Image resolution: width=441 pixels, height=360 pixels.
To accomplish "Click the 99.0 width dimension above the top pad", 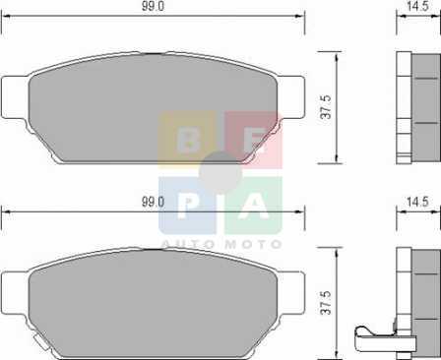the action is [x=153, y=6].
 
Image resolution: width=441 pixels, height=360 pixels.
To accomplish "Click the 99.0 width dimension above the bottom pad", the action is [x=153, y=202].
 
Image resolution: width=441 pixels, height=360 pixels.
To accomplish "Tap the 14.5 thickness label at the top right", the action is [x=417, y=6].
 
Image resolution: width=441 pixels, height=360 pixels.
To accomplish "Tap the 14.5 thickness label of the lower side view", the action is [x=417, y=202].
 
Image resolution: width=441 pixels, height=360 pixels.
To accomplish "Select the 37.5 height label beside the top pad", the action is [x=327, y=107].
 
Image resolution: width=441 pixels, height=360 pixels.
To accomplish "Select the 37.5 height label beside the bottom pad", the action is [x=327, y=302].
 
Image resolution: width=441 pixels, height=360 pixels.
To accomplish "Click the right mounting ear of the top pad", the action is [x=292, y=97].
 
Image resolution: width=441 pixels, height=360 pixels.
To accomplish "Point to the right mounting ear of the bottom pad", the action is [x=292, y=293].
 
